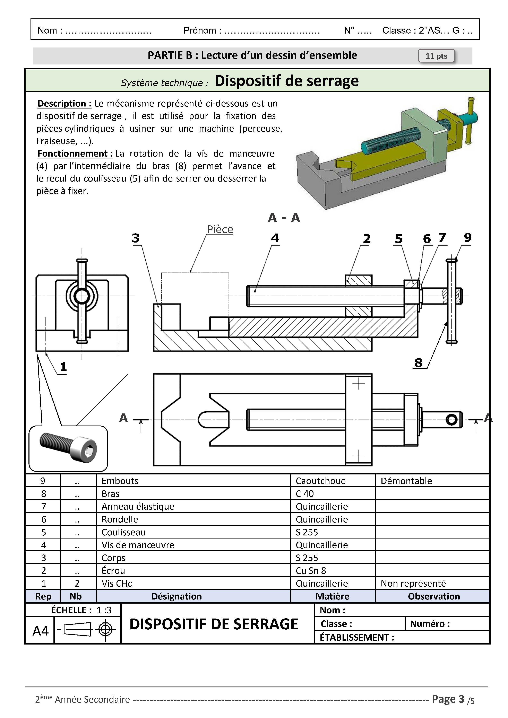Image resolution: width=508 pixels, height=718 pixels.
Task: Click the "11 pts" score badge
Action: tap(436, 56)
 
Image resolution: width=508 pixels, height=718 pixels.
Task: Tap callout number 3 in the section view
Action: tap(135, 238)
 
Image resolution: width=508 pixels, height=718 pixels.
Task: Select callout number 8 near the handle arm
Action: tap(419, 363)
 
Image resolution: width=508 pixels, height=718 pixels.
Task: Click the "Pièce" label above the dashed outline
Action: tap(220, 229)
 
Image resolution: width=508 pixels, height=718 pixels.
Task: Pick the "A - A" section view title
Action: tap(284, 218)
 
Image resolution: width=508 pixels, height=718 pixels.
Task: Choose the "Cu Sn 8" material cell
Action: tap(311, 571)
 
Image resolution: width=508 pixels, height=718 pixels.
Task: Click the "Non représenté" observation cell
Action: tap(413, 584)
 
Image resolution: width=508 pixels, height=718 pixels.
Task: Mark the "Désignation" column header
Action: tap(176, 596)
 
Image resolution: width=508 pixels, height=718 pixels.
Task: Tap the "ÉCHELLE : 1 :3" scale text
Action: tap(81, 610)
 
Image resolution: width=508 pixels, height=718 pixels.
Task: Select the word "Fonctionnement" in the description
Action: tap(75, 154)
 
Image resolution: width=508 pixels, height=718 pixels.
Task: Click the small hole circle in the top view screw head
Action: tap(451, 420)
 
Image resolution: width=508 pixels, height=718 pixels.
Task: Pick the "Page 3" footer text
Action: tap(448, 699)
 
